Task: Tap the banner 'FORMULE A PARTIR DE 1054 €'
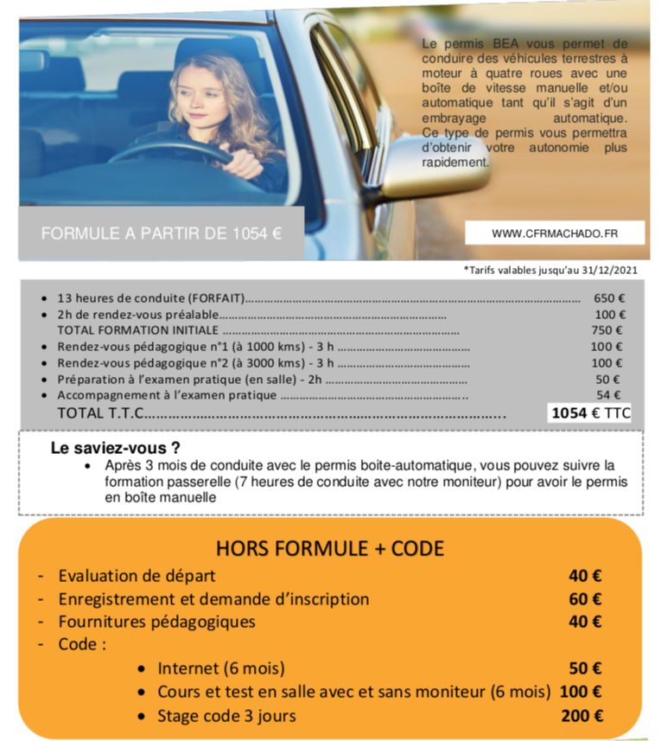pos(161,233)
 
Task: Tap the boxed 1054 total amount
pos(569,413)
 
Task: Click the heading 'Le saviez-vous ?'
pos(115,449)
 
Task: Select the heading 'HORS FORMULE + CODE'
pos(330,548)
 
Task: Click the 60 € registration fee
pos(585,598)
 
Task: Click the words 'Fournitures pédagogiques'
pos(156,622)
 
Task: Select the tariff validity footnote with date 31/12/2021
pos(550,271)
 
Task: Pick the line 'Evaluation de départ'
pos(137,575)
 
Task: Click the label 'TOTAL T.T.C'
pos(99,413)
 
